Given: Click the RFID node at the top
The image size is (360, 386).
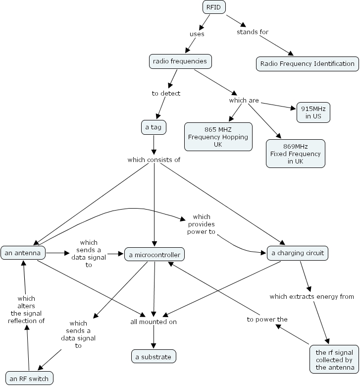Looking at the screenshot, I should click(x=214, y=7).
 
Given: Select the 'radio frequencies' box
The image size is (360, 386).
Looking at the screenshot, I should click(x=180, y=61).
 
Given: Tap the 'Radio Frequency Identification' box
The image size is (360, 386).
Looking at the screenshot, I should click(x=307, y=63).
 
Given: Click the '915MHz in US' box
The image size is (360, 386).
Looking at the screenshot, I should click(x=313, y=112).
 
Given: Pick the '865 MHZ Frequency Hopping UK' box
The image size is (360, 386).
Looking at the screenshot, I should click(x=217, y=137).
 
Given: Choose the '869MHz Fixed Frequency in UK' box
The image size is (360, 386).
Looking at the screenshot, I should click(x=296, y=154).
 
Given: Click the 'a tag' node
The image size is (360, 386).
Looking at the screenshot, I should click(x=154, y=127).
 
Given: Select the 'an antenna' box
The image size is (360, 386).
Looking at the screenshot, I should click(x=23, y=253).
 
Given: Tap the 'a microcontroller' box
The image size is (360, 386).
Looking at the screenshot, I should click(x=154, y=255).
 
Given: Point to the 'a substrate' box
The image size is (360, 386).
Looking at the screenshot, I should click(x=154, y=356).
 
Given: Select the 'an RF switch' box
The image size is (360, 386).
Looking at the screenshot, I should click(x=29, y=379).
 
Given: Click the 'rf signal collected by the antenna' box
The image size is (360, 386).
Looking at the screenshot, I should click(x=334, y=360).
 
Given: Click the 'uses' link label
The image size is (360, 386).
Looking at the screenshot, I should click(x=197, y=34).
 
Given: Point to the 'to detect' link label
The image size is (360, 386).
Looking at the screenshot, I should click(x=166, y=93).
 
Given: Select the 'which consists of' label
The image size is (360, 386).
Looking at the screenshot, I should click(x=154, y=160).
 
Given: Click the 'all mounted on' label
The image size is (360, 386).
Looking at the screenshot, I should click(x=154, y=322).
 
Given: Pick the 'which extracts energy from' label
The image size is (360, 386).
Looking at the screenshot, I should click(x=311, y=296).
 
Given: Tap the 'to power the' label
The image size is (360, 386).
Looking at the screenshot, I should click(x=267, y=320).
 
